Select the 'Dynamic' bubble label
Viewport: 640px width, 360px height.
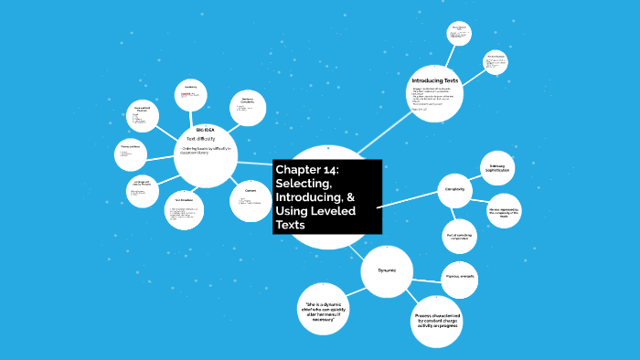click(x=386, y=270)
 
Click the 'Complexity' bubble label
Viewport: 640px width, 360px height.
click(x=455, y=189)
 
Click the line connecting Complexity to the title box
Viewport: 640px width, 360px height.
click(x=409, y=200)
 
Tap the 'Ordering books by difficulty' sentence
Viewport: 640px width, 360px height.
click(x=206, y=151)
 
